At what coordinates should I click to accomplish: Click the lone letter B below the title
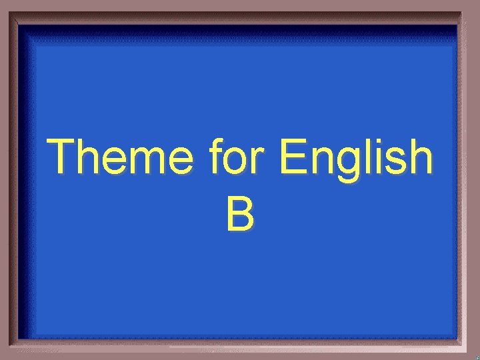tap(239, 215)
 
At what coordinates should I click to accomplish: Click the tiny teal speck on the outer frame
tap(477, 355)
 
